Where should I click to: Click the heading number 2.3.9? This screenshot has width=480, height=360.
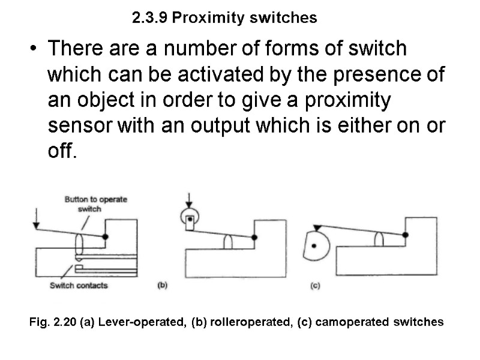point(149,18)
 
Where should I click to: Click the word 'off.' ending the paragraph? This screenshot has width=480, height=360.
point(62,152)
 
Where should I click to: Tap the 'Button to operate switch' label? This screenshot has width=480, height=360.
point(95,203)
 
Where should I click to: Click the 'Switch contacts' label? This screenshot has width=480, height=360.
point(79,285)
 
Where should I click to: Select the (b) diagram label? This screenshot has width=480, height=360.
point(161,286)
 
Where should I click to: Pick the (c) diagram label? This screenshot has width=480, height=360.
point(314,286)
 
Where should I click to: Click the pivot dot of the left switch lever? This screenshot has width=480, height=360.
point(106,237)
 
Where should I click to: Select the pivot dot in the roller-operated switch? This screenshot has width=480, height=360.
point(255,238)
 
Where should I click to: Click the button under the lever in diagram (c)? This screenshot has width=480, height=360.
point(379,239)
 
